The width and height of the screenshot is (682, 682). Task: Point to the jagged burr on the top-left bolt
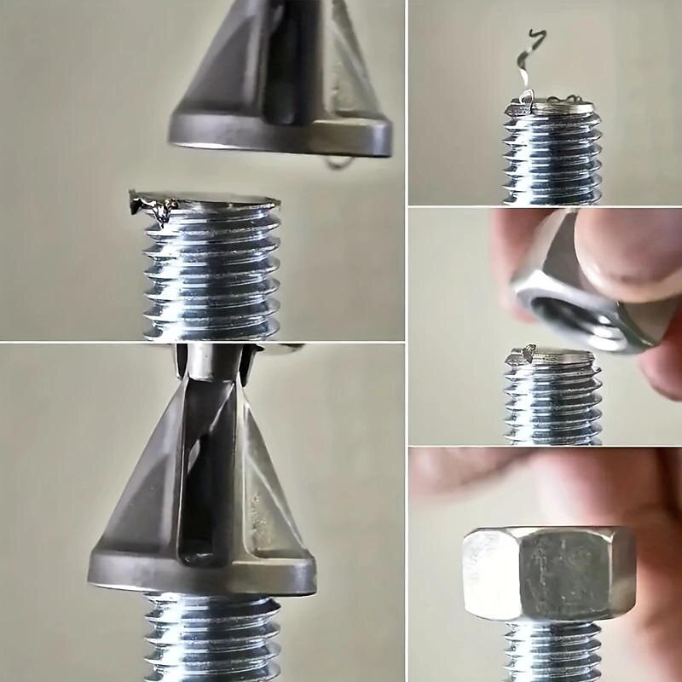(153, 206)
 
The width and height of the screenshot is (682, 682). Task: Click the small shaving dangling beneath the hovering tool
(339, 161)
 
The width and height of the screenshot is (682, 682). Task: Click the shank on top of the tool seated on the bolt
(213, 362)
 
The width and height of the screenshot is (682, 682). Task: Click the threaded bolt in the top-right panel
(552, 158)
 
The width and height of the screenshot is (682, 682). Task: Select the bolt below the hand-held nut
(552, 401)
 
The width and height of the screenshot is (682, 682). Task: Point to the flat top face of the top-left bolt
(213, 200)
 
